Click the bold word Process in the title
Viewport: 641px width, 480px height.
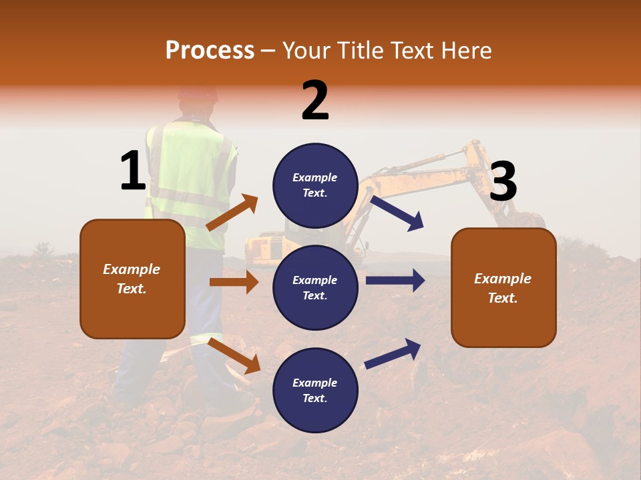tap(210, 50)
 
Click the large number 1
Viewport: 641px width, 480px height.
tap(133, 171)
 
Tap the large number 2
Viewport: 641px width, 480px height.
tap(315, 101)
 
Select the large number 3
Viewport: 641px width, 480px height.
tap(503, 182)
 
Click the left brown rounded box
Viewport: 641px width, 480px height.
tap(132, 279)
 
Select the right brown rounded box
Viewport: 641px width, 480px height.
tap(503, 287)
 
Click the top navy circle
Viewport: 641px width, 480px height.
tap(315, 185)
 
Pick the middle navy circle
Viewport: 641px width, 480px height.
tap(315, 287)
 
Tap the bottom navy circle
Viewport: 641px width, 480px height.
tap(315, 390)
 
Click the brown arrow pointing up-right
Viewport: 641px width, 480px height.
tap(232, 212)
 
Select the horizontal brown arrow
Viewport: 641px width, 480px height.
tap(234, 282)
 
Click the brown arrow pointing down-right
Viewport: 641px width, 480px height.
tap(234, 355)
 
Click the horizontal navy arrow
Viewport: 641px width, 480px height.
tap(395, 281)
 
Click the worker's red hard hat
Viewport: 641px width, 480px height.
tap(198, 93)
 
